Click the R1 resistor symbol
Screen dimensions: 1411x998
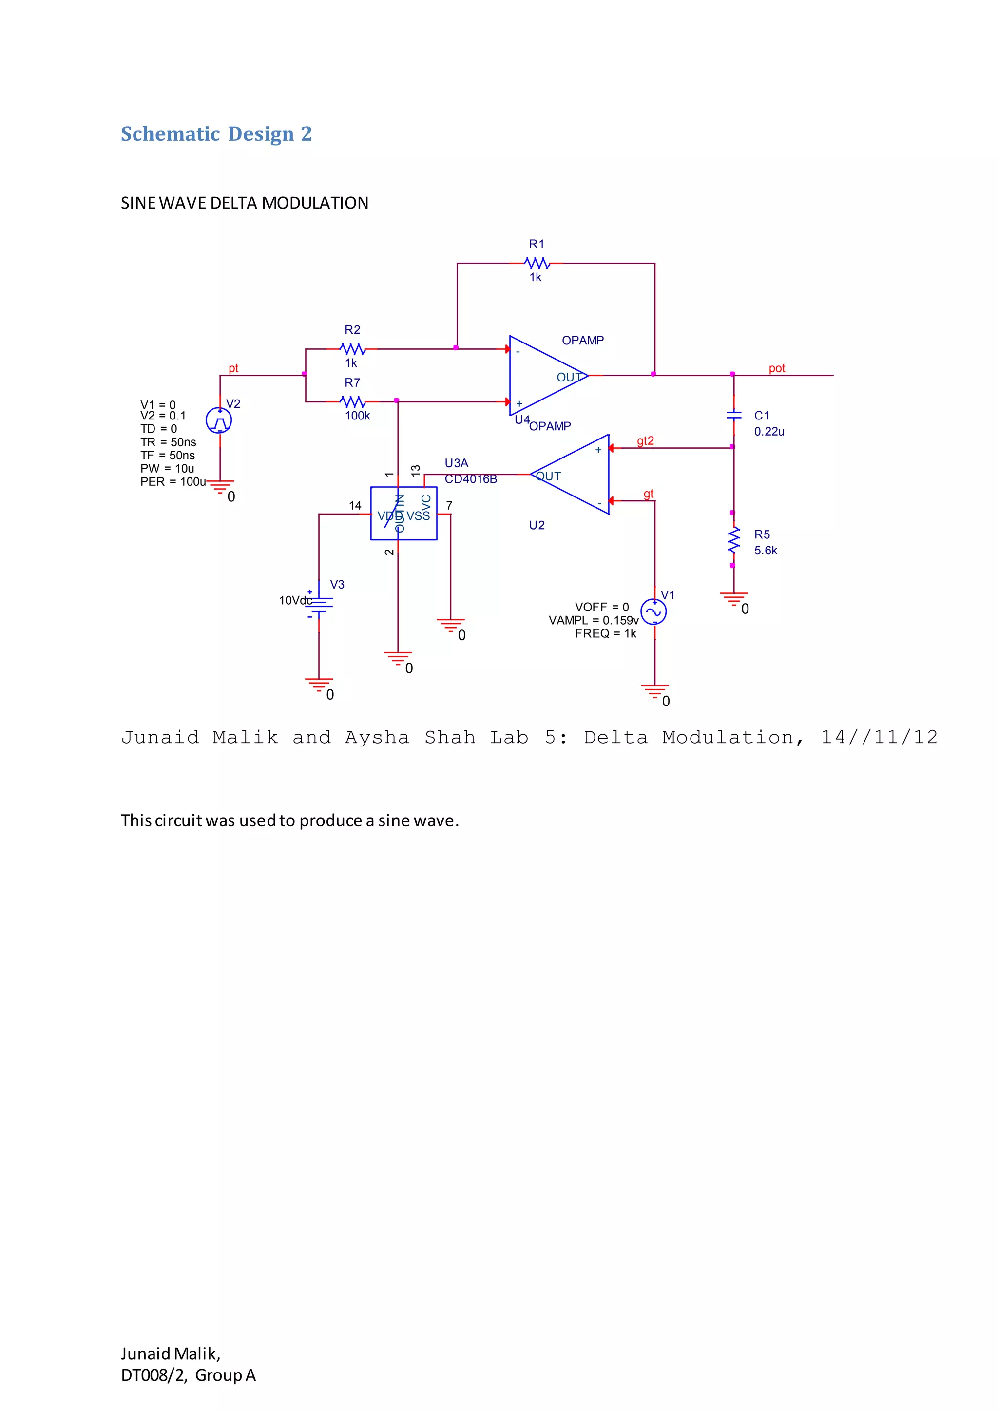[x=537, y=264]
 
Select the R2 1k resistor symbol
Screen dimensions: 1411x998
[x=352, y=349]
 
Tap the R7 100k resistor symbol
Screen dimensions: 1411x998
[x=352, y=402]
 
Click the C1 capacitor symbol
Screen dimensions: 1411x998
[x=733, y=416]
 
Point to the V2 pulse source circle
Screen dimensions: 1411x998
[x=219, y=420]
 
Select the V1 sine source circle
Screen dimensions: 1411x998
[x=653, y=611]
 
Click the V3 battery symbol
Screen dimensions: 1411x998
[x=319, y=604]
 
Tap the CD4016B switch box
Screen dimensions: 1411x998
[x=404, y=513]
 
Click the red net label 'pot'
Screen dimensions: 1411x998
[x=777, y=368]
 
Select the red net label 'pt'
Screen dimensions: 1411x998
[x=233, y=368]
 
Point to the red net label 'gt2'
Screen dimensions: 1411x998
[x=645, y=440]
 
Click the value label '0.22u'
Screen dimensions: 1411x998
[x=769, y=431]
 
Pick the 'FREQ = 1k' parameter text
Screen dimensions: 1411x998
[x=605, y=633]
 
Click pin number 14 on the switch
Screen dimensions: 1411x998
[x=355, y=506]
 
